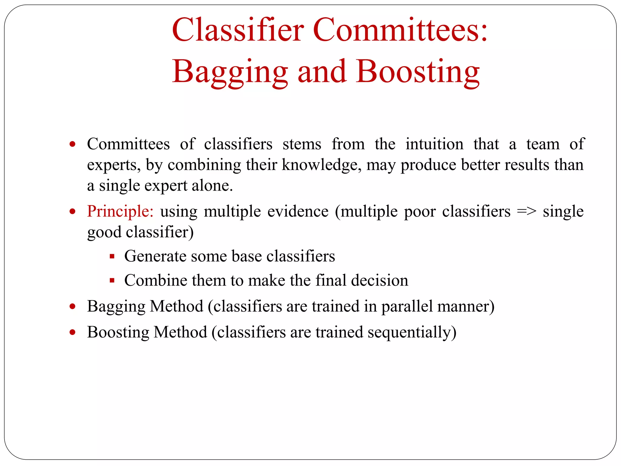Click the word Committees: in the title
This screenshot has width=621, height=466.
400,30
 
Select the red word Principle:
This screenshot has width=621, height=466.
120,211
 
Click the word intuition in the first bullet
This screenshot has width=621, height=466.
435,144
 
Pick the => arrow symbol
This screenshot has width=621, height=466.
526,211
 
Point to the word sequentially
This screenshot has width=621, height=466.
412,333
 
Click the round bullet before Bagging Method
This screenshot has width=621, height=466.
72,306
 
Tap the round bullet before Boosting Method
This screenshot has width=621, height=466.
72,332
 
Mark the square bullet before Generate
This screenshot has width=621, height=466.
112,257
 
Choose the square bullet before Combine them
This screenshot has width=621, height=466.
112,281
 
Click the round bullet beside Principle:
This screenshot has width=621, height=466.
72,211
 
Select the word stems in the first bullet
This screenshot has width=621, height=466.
302,144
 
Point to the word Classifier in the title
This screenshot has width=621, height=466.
238,30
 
